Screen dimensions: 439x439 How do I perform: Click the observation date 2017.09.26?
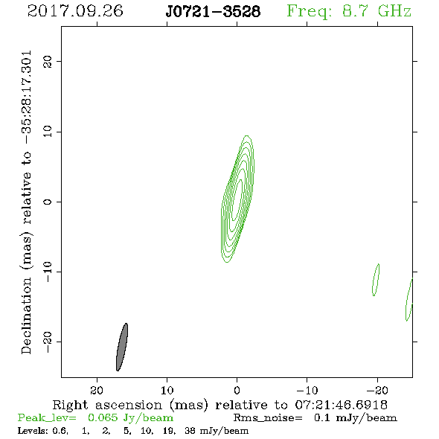coord(75,11)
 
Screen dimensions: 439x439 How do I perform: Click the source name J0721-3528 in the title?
coord(213,12)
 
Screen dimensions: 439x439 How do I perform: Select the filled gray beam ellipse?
coord(122,347)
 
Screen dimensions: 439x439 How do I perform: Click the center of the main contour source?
coord(237,199)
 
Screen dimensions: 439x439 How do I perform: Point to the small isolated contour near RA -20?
coord(376,280)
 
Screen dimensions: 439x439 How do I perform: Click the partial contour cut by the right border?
coord(409,300)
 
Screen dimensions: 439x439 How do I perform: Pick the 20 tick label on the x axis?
coord(97,391)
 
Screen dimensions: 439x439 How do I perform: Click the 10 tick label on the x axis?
coord(167,391)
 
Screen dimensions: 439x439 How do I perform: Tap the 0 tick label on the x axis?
coord(237,391)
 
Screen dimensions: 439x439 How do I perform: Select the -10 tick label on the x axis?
coord(307,391)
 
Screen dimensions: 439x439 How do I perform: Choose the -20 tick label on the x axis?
coord(377,391)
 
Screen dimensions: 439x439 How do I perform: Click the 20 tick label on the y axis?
coord(48,61)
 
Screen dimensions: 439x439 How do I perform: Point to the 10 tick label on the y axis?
coord(48,132)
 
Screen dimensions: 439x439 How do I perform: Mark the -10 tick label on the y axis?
coord(48,272)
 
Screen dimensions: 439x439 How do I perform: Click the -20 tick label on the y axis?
coord(48,342)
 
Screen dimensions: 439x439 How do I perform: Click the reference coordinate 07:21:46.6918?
coord(342,405)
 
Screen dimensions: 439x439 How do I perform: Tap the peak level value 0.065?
coord(103,417)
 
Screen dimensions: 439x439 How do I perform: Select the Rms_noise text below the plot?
coord(268,418)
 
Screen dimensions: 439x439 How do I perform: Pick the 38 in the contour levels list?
coord(190,430)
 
